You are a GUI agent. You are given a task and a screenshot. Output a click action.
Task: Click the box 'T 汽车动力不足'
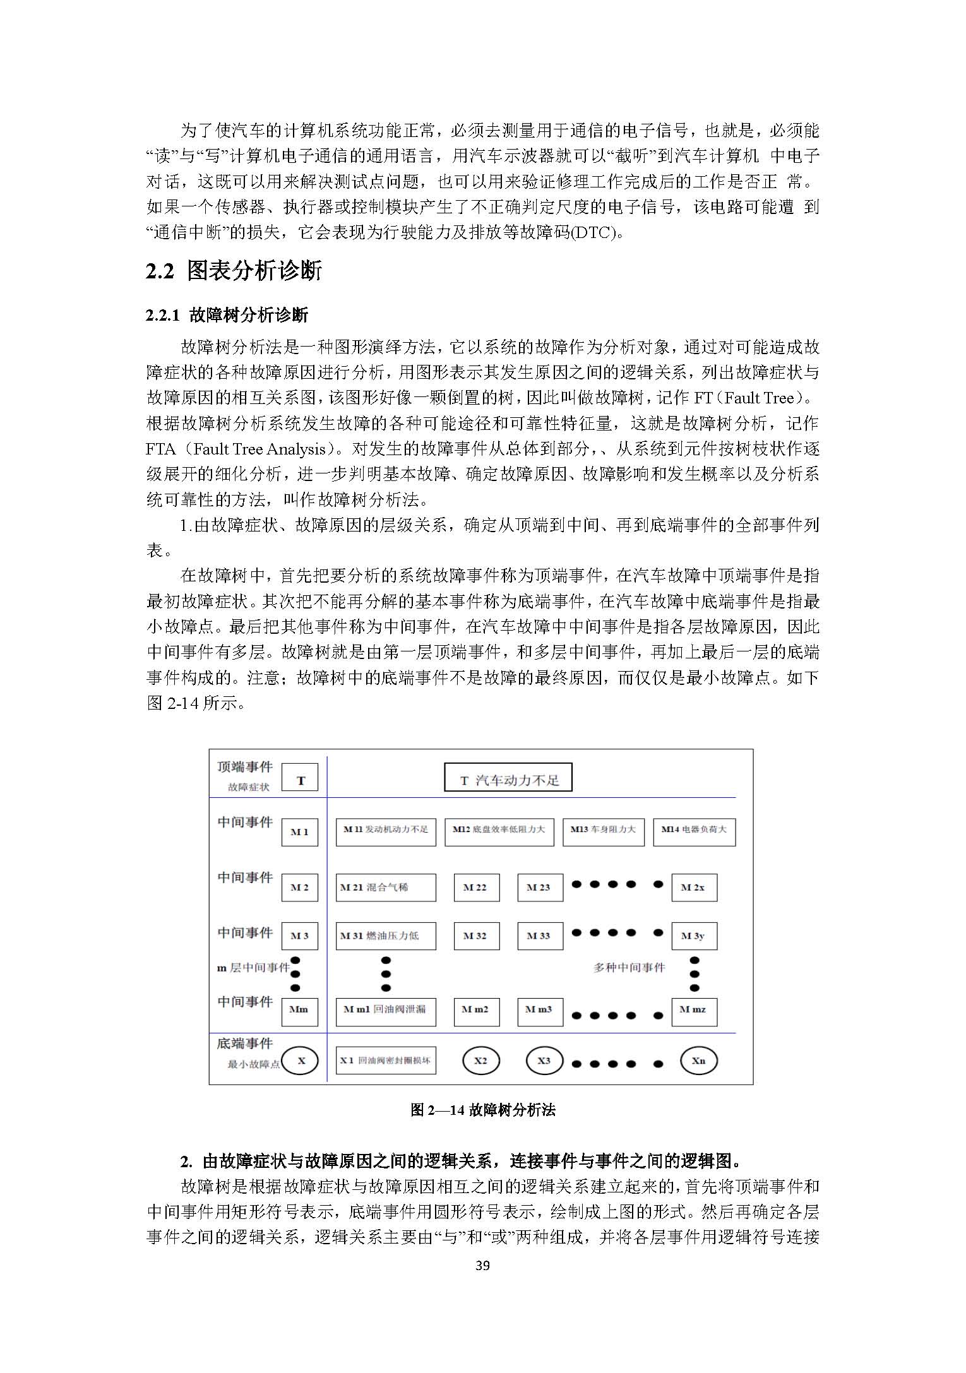coord(508,777)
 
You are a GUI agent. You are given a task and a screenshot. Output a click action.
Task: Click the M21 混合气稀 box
coord(385,887)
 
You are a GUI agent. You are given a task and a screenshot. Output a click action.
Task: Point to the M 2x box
coord(693,887)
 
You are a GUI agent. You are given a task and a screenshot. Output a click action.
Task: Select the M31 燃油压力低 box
coord(385,936)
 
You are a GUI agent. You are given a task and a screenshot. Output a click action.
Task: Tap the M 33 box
coord(539,936)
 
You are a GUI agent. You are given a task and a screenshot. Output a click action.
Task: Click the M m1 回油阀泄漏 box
coord(385,1009)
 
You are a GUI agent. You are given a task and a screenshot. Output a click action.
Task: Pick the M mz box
coord(693,1009)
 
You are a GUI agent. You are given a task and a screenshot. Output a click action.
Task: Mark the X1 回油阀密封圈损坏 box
coord(385,1061)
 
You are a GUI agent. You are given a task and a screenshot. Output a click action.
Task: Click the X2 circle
coord(480,1061)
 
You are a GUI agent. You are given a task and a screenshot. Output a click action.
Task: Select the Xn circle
coord(698,1061)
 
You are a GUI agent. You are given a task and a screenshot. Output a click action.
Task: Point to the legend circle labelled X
coord(300,1061)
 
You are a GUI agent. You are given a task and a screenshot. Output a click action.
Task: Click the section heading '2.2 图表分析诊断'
coord(234,271)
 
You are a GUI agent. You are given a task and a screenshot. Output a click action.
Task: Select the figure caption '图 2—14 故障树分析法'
coord(482,1110)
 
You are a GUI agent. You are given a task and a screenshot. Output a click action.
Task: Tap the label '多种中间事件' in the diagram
coord(629,967)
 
